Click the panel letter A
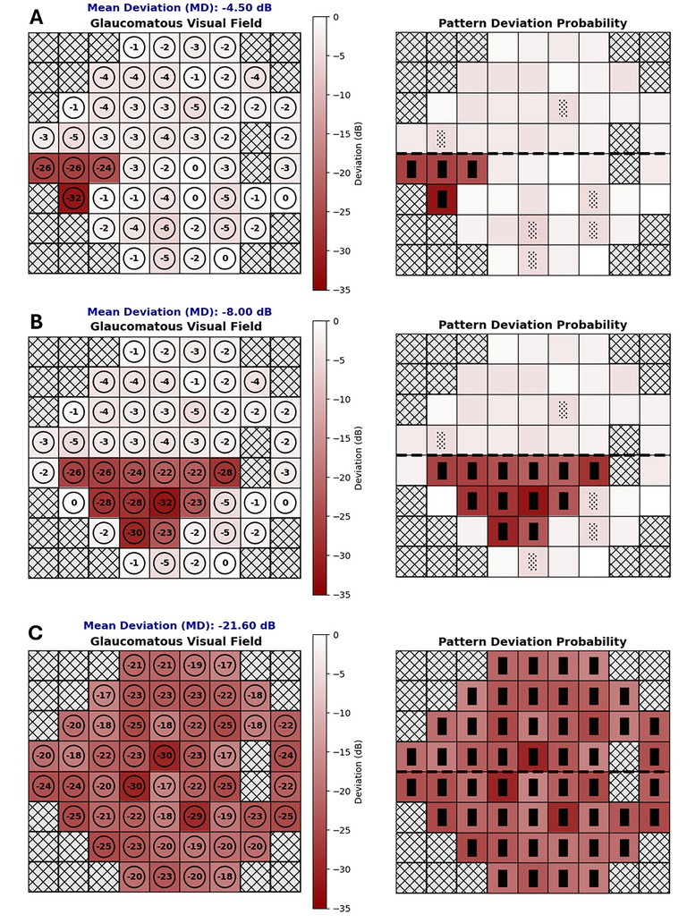36,17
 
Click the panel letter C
36,633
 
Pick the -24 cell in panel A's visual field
104,167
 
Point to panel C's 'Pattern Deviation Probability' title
533,641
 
